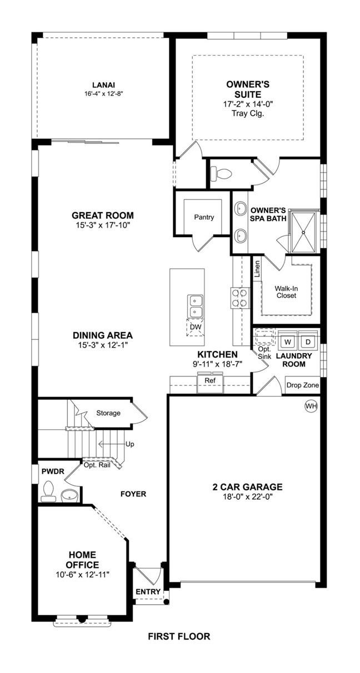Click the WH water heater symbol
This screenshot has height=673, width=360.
coord(311,406)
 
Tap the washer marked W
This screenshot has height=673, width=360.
coord(288,341)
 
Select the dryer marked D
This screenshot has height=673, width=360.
coord(308,341)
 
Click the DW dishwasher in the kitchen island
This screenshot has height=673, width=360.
coord(196,327)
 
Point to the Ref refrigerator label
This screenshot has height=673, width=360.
coord(210,380)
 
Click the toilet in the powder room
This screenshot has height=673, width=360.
coord(48,493)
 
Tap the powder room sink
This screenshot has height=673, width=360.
coord(69,495)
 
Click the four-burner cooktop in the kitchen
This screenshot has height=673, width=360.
coord(240,298)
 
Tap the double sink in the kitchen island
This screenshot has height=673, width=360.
coord(196,306)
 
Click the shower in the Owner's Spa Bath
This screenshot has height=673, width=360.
coord(303,232)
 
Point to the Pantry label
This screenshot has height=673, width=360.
coord(204,217)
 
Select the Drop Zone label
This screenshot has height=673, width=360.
coord(303,385)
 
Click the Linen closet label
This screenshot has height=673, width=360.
coord(257,269)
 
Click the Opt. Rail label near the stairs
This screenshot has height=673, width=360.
coord(97,465)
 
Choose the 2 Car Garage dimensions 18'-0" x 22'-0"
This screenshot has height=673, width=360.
coord(247,496)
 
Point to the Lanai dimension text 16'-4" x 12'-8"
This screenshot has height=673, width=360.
coord(104,94)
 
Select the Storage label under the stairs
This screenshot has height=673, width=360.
coord(108,413)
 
